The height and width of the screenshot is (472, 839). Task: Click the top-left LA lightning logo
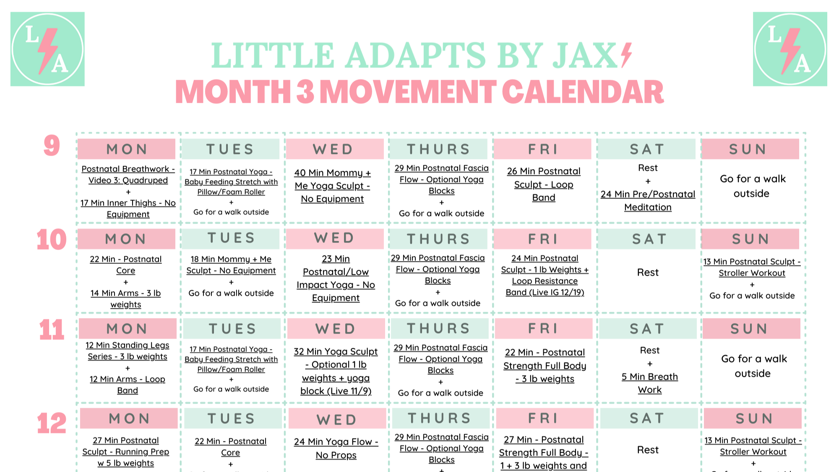point(47,49)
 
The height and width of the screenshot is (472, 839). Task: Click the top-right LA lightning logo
point(789,49)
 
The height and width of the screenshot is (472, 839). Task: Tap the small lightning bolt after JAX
point(626,55)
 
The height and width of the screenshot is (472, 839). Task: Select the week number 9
point(52,146)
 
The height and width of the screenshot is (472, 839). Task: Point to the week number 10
point(51,240)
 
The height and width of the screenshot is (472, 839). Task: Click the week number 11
point(51,329)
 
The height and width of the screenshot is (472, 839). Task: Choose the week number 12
point(51,423)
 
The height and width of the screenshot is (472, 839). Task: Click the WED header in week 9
point(334,149)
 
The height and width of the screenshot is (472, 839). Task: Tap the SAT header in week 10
point(649,239)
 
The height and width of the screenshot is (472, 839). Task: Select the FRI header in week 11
point(543,329)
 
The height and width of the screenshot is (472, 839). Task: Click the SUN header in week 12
point(753,418)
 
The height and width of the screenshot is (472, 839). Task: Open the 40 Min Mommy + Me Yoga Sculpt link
point(332,185)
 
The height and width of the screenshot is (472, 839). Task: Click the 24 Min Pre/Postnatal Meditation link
point(648,201)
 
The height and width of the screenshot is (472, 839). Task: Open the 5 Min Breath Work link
point(649,383)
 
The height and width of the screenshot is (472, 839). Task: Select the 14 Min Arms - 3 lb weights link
point(125,299)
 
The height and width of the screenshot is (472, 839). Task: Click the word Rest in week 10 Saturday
point(648,272)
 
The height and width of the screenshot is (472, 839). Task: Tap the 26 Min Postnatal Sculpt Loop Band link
point(544,184)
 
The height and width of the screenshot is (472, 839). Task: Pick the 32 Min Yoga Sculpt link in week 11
point(336,371)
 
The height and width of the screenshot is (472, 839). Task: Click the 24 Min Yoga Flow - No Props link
point(336,448)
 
